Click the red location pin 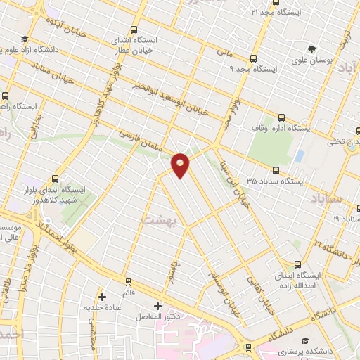point(181,165)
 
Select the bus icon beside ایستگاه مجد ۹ point(254,58)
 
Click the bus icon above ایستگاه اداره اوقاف point(282,117)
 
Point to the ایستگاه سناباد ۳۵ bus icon point(275,169)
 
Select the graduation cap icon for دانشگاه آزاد point(25,39)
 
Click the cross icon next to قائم point(103,296)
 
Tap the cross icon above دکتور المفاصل point(157,306)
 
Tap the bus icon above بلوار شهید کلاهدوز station point(56,178)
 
